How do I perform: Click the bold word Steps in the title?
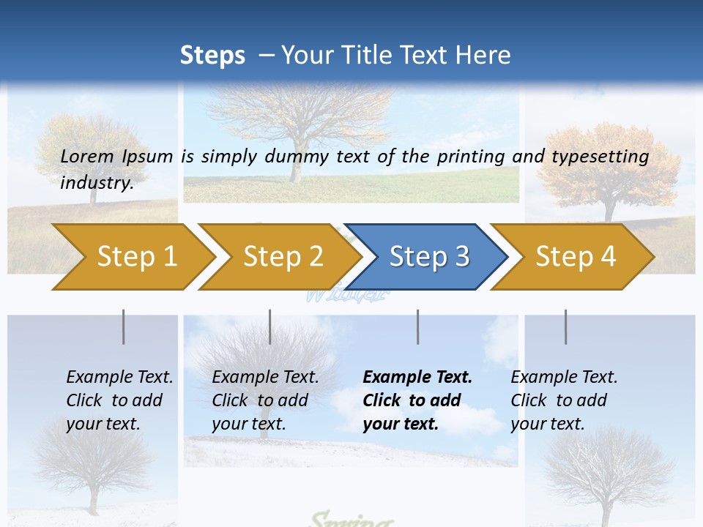[x=212, y=56]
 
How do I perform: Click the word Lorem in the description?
[x=87, y=157]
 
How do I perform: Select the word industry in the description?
[x=96, y=182]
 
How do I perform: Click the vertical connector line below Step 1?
[x=123, y=326]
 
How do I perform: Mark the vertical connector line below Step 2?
[x=269, y=326]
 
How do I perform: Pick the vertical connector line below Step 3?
[x=417, y=326]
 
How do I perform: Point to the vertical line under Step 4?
[x=565, y=326]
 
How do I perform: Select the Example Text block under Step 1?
[x=119, y=400]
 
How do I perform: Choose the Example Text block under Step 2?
[x=265, y=400]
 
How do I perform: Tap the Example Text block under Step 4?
[x=564, y=400]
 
